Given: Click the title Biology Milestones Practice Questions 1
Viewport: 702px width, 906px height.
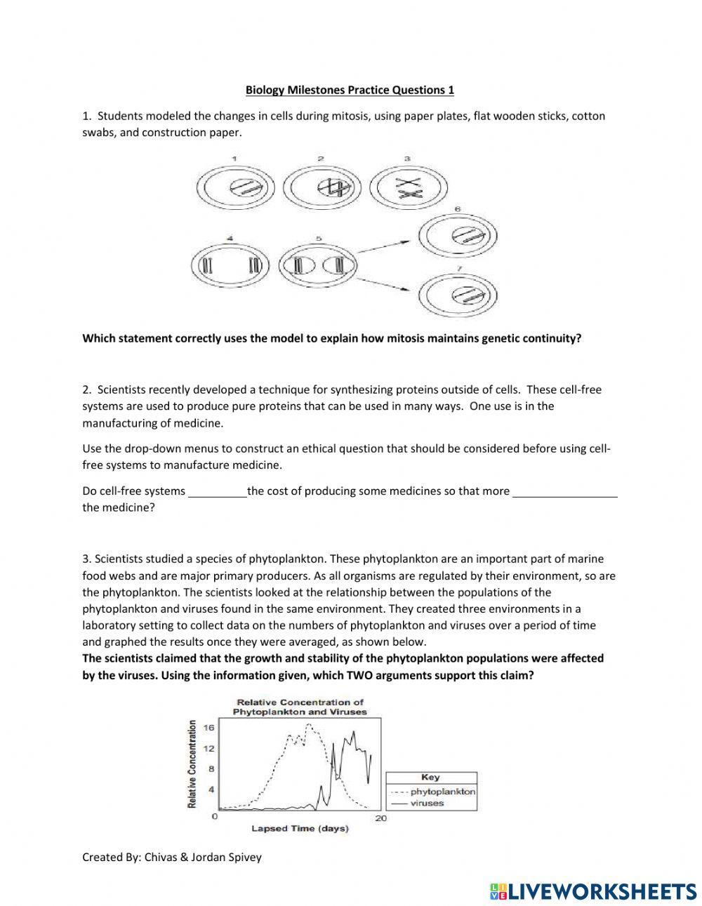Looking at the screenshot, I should point(350,90).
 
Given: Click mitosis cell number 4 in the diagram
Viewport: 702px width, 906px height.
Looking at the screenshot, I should point(232,265).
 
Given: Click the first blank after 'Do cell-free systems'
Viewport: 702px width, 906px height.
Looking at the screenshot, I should point(217,491).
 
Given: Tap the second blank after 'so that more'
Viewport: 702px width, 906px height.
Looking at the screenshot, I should point(565,491).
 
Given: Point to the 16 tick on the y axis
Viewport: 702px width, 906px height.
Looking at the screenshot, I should point(208,728).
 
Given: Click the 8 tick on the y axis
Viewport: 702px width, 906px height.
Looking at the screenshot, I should point(211,769).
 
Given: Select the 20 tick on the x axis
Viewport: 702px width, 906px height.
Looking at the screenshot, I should point(381,818).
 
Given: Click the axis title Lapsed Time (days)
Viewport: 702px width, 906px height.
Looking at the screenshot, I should point(300,829).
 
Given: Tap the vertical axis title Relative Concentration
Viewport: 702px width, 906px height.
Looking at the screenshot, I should point(192,764).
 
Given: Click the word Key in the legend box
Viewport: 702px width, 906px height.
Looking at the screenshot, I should point(430,777).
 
